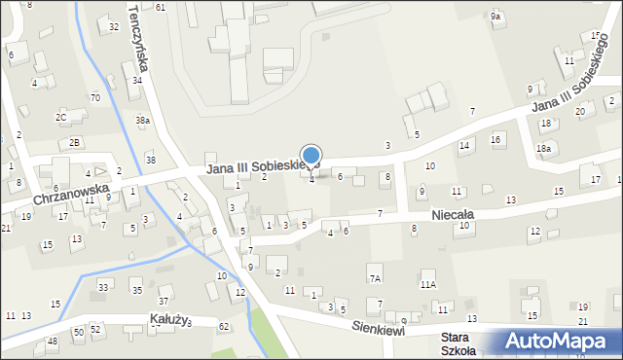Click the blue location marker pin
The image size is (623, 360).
tap(311, 157)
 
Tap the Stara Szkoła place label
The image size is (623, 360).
tap(457, 343)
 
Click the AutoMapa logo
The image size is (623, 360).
tap(561, 342)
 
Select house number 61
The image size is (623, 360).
tap(160, 7)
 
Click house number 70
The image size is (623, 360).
tap(94, 98)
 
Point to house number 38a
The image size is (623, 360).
tap(142, 121)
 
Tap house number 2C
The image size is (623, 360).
tap(60, 118)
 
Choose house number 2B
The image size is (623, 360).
tap(74, 143)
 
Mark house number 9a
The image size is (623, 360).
tap(495, 17)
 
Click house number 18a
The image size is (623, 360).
tap(543, 148)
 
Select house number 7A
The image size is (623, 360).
tap(374, 278)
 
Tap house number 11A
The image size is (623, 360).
tap(427, 285)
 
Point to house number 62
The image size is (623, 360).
tap(224, 326)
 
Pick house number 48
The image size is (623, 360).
tap(52, 342)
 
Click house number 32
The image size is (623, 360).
tap(113, 26)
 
